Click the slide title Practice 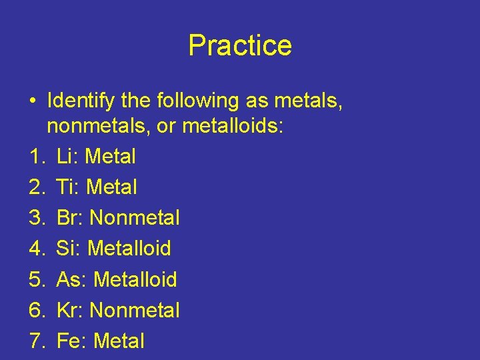coord(240,45)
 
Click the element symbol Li coord(67,157)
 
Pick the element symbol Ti coord(67,187)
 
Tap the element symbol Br coord(69,218)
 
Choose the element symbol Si coord(67,249)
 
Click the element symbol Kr coord(69,310)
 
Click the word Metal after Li coord(111,157)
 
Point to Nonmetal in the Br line coord(135,218)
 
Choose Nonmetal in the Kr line coord(135,310)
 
